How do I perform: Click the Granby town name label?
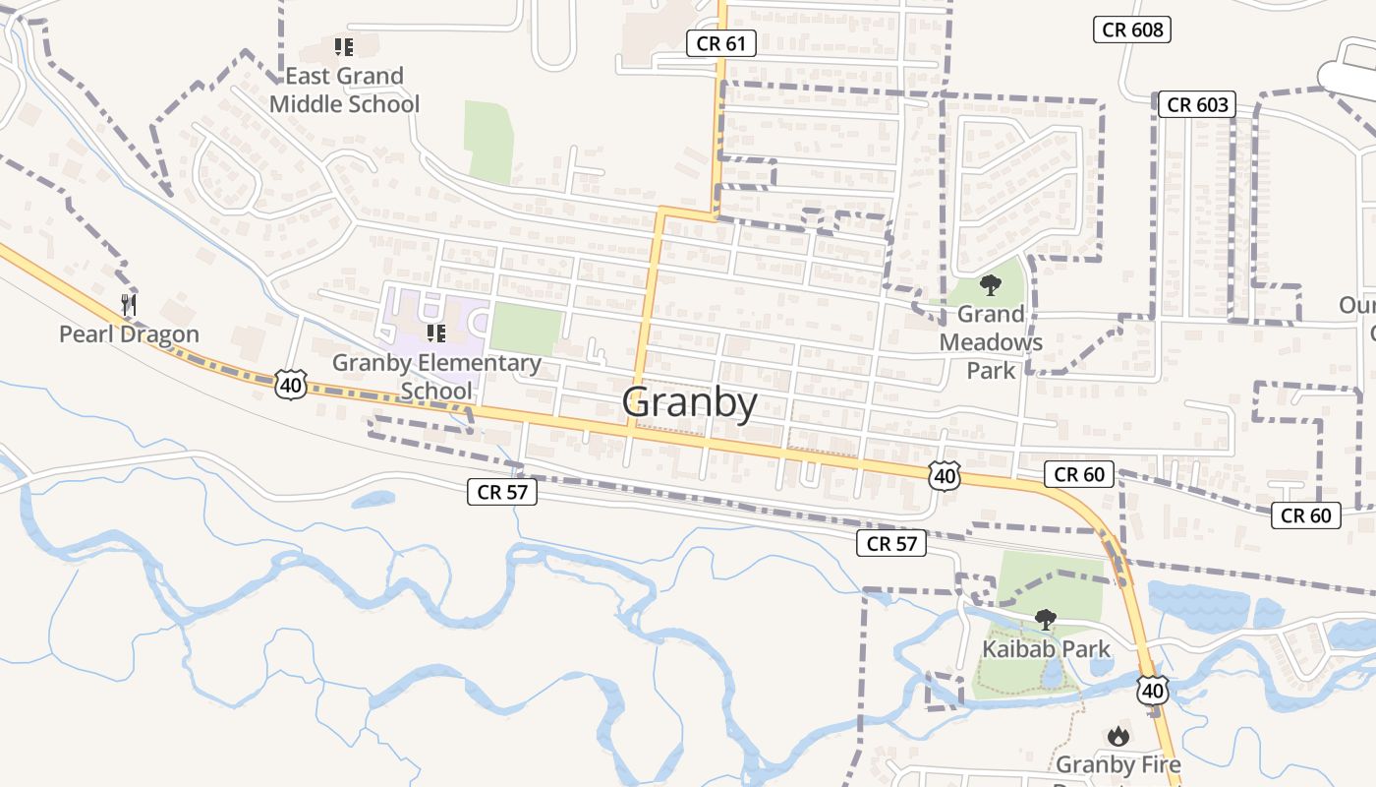[x=690, y=403]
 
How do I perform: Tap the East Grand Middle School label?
[x=344, y=90]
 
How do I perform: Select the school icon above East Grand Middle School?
[x=343, y=46]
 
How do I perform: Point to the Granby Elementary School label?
[x=436, y=377]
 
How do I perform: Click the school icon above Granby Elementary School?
[x=436, y=333]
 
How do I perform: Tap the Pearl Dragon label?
[x=129, y=334]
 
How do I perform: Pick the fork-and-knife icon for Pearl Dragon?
[x=129, y=305]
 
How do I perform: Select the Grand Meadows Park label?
[x=991, y=342]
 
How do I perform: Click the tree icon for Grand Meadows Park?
[x=991, y=285]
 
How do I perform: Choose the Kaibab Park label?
[x=1046, y=649]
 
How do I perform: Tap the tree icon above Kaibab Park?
[x=1046, y=620]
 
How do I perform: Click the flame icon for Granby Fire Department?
[x=1118, y=736]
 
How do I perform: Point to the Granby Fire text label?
[x=1118, y=765]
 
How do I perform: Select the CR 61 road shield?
[x=720, y=43]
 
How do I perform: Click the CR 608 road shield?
[x=1132, y=30]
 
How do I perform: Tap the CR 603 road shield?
[x=1196, y=104]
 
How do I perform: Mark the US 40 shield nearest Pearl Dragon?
[x=291, y=384]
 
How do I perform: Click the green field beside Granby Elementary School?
[x=526, y=329]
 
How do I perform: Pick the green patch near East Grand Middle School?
[x=489, y=140]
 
